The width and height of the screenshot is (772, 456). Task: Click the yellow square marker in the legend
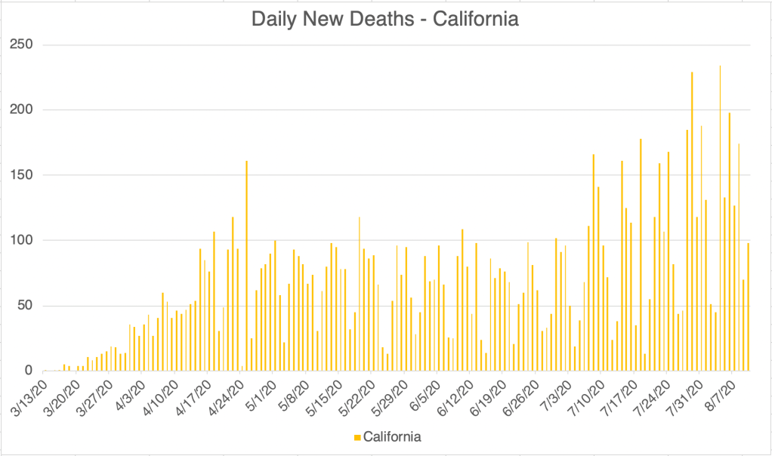point(357,437)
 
